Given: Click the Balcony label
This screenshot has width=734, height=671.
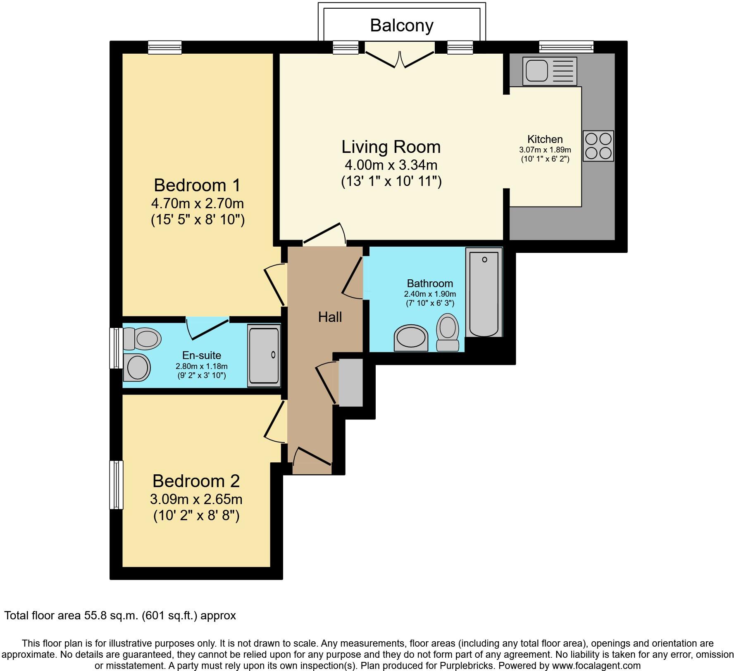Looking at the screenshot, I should [x=401, y=26].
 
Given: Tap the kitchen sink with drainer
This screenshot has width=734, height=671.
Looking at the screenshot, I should [x=549, y=71].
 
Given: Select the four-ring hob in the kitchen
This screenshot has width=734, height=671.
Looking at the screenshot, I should [x=598, y=146].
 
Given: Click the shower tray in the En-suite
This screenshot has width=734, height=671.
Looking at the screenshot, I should [x=264, y=355].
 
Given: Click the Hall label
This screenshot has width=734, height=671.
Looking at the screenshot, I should [x=330, y=317].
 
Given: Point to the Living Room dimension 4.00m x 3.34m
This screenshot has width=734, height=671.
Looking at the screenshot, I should [x=391, y=165].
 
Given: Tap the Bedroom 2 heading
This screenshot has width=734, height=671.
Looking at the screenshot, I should [x=196, y=481].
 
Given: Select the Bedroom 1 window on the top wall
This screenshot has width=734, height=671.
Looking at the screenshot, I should [x=165, y=48].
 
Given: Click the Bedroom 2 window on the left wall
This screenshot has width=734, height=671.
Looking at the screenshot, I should [x=116, y=485].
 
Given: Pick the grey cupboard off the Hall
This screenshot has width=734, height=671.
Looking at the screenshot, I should [x=350, y=383].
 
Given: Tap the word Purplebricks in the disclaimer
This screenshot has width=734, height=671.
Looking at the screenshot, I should [x=471, y=666].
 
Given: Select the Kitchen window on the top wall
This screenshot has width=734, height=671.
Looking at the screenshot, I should [x=566, y=47].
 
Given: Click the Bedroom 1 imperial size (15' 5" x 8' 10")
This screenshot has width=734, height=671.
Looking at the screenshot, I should [x=198, y=219].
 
